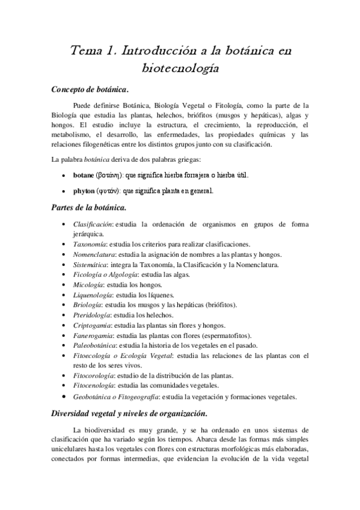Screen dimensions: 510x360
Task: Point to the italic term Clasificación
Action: pyautogui.click(x=96, y=224)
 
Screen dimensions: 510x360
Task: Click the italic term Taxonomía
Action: pyautogui.click(x=94, y=244)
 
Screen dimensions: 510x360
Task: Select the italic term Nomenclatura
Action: pyautogui.click(x=97, y=254)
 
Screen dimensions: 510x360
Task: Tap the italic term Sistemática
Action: pyautogui.click(x=94, y=265)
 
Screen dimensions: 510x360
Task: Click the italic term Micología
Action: pyautogui.click(x=91, y=284)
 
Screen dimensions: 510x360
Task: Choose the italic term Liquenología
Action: pyautogui.click(x=95, y=295)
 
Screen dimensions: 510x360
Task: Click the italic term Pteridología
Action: pyautogui.click(x=94, y=315)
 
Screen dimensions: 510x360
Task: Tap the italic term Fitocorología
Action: pyautogui.click(x=96, y=375)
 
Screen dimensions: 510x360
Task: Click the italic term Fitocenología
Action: pyautogui.click(x=96, y=385)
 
